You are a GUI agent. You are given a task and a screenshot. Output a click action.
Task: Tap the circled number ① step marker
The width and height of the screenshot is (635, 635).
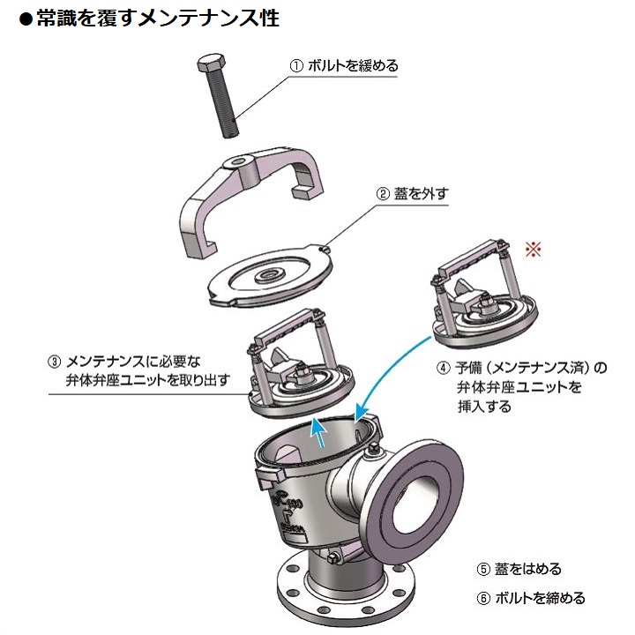click(296, 66)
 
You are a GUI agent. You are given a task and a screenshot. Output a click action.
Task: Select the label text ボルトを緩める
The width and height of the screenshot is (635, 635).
click(353, 65)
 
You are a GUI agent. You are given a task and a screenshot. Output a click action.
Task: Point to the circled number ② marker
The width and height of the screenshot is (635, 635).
click(383, 193)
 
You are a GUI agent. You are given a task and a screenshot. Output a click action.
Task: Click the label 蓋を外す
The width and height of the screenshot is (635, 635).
click(421, 193)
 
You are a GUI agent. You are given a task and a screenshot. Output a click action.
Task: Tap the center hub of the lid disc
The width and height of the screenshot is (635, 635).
click(267, 275)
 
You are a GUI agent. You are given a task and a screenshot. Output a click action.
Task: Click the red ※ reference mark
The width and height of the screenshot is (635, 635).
click(533, 249)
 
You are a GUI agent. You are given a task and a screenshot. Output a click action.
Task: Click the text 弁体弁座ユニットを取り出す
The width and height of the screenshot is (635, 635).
click(148, 380)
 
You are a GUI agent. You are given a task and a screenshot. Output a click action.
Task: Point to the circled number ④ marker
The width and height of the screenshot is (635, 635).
click(444, 368)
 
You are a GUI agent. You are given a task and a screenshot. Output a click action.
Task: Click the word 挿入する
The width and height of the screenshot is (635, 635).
click(484, 407)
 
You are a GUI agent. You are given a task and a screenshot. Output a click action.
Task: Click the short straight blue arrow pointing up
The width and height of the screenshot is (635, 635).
click(318, 433)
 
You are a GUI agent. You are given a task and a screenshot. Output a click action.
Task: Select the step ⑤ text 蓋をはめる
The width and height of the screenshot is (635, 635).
click(527, 569)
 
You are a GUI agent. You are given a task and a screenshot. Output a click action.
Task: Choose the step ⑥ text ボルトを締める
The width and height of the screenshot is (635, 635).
click(541, 598)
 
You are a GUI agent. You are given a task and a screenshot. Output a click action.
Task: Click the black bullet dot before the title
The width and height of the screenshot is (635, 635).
click(26, 19)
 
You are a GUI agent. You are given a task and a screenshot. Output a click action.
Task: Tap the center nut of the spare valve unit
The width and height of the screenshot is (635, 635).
click(485, 302)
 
